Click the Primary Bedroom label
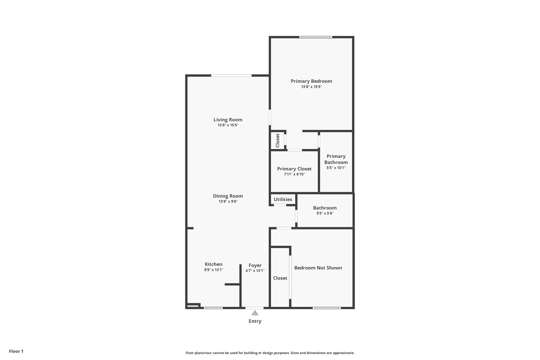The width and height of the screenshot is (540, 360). [x=311, y=81]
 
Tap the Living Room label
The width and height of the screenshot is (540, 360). [x=228, y=120]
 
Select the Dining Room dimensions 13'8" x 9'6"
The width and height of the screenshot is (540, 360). [x=228, y=201]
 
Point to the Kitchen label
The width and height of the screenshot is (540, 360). [x=214, y=264]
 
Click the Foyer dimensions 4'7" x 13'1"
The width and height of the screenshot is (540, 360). [x=255, y=270]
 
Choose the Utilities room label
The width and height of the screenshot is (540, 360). [x=283, y=199]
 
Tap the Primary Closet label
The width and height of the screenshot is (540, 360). [x=294, y=169]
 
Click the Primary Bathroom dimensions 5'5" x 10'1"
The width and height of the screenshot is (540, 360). [x=336, y=167]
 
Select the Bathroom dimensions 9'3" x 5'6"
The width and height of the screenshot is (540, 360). [x=325, y=213]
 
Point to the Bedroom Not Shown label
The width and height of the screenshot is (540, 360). [x=318, y=268]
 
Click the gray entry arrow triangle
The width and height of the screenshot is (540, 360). [x=255, y=313]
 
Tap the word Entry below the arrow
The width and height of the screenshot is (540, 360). [x=255, y=321]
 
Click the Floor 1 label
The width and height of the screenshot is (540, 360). [x=16, y=351]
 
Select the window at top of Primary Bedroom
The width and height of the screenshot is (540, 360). [x=315, y=37]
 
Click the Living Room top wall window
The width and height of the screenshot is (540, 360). [x=231, y=76]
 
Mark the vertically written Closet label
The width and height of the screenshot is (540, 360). [x=278, y=140]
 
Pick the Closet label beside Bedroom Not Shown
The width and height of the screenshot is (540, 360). [x=280, y=278]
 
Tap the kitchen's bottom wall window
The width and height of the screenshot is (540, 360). [x=213, y=308]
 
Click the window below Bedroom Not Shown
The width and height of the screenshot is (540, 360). [x=327, y=308]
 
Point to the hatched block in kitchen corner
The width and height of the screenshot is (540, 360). [x=193, y=306]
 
